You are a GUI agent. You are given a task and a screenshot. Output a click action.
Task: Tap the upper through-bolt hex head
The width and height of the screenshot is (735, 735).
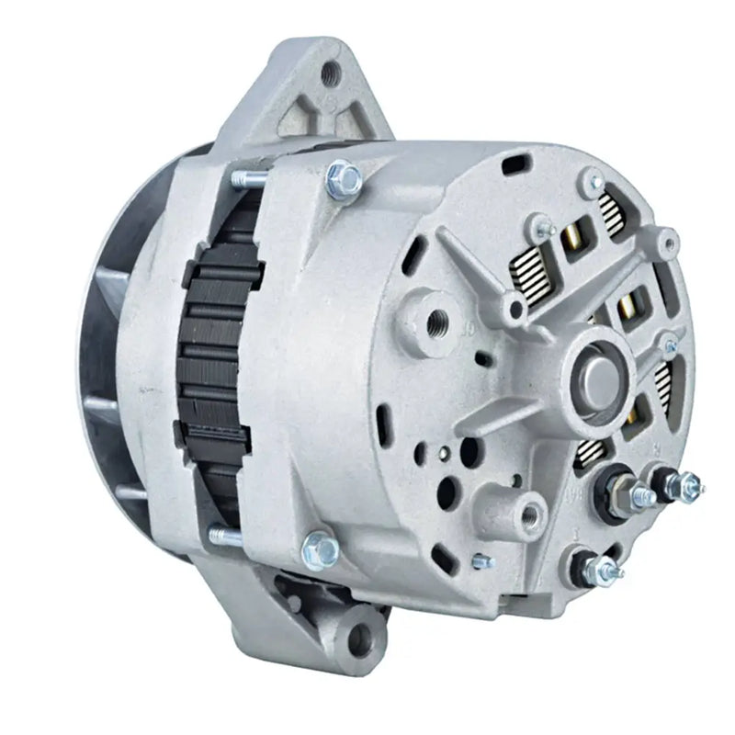[x=343, y=175]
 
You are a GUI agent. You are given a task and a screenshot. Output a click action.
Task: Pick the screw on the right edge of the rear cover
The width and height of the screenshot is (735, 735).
[x=671, y=345]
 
